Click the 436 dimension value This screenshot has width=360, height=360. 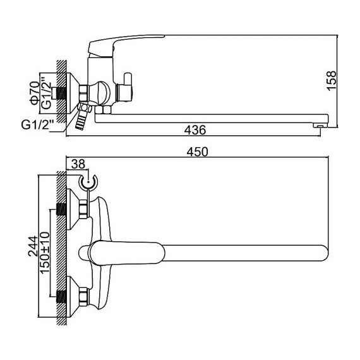click(195, 130)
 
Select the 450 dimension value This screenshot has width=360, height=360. click(197, 152)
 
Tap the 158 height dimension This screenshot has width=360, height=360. click(332, 81)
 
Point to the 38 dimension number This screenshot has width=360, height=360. click(78, 164)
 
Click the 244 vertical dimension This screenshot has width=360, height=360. click(33, 246)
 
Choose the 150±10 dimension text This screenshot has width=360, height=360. click(45, 253)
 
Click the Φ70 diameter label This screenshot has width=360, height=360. click(35, 93)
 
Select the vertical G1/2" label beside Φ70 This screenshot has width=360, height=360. click(47, 93)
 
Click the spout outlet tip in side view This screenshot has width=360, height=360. click(320, 125)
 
